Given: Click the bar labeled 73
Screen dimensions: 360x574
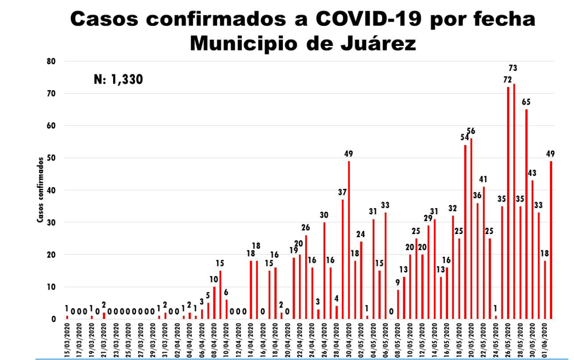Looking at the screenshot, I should [x=514, y=201].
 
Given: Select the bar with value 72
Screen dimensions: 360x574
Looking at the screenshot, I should [x=508, y=203].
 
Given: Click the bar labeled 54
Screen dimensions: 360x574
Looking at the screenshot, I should [x=465, y=231].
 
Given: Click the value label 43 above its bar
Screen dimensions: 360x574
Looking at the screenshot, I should [x=532, y=173].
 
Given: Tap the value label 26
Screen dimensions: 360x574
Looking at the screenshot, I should [x=306, y=227].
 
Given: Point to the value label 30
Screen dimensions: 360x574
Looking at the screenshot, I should [x=324, y=215].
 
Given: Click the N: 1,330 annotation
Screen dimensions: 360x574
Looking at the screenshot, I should [x=118, y=80].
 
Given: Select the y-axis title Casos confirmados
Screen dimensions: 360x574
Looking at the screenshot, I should [x=40, y=190].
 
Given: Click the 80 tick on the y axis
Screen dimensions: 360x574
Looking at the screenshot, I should [x=52, y=61].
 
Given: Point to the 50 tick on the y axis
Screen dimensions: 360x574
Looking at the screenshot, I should [x=52, y=158].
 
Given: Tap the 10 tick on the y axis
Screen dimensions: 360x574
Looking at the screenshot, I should [x=52, y=287].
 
